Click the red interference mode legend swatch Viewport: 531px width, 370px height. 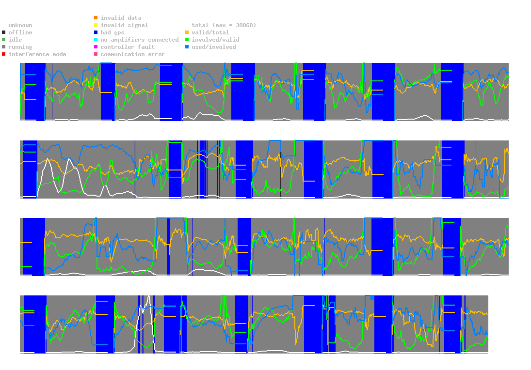coord(4,54)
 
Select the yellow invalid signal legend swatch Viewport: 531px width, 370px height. coord(96,25)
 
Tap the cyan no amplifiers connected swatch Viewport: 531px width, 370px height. coord(96,40)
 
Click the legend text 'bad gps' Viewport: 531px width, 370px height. coord(113,32)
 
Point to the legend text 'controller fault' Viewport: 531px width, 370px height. coord(128,47)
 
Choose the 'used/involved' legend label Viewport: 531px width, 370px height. coord(214,47)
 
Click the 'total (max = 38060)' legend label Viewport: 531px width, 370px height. coord(224,25)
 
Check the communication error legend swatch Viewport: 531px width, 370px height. coord(96,54)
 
